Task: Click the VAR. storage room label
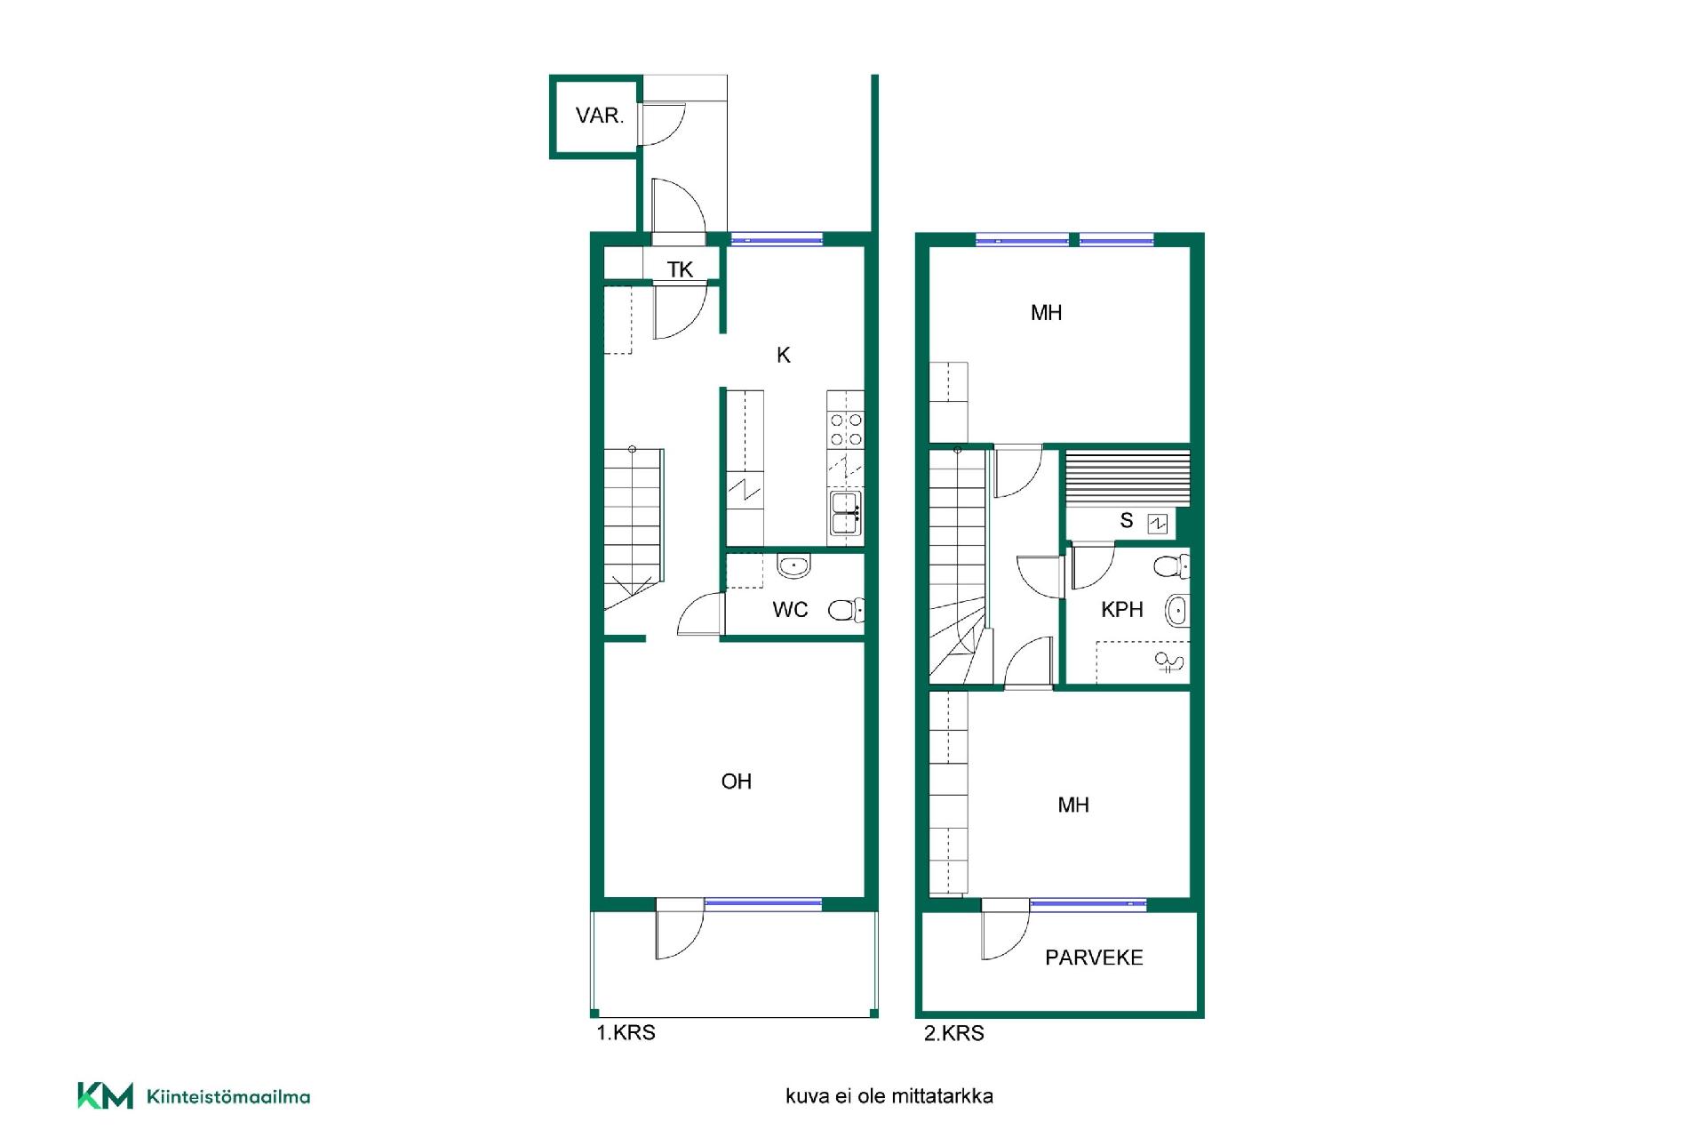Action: coord(600,116)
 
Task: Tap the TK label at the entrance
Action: coord(680,269)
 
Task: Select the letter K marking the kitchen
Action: coord(783,356)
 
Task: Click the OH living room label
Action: coord(737,781)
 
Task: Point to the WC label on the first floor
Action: coord(790,610)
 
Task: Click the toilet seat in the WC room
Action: coord(845,610)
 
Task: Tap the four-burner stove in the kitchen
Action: coord(845,429)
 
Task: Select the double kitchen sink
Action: coord(845,514)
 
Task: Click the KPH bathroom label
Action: coord(1121,610)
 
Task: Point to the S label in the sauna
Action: coord(1127,521)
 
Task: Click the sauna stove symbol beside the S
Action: coord(1157,524)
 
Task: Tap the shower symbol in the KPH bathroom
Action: coord(1168,661)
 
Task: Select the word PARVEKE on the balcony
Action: coord(1094,958)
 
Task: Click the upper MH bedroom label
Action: coord(1046,313)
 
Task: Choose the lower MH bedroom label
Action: coord(1073,805)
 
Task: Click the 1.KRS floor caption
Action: coord(626,1033)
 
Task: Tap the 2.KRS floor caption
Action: coord(954,1033)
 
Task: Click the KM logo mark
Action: coord(105,1095)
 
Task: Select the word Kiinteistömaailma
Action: coord(228,1097)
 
